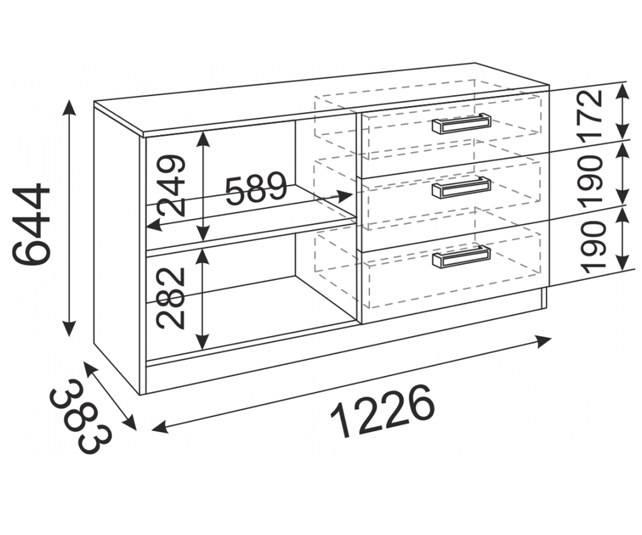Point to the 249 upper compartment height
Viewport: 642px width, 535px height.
point(172,185)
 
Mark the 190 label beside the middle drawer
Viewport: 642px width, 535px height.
point(593,180)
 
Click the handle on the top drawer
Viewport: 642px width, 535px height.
point(461,125)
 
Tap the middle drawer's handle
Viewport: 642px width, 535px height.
point(461,187)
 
